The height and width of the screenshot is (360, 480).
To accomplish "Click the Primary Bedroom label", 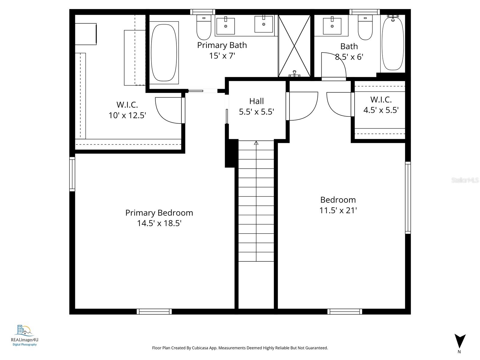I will click(159, 213).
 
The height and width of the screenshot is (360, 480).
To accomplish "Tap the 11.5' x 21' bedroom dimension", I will click(338, 210).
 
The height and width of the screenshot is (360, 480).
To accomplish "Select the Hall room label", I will click(256, 101).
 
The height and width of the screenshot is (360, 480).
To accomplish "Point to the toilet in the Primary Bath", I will click(204, 28).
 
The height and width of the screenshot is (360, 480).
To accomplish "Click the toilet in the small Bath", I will click(365, 28).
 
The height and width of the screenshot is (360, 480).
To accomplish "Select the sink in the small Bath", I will click(332, 26).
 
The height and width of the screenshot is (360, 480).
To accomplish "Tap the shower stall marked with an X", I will click(294, 46).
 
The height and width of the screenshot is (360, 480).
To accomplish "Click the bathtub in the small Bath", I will click(393, 43).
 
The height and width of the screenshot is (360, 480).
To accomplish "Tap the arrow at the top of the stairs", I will click(256, 143).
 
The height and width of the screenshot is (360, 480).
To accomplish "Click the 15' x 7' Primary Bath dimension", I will click(222, 56).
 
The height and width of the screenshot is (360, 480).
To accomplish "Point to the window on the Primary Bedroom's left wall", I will click(72, 174).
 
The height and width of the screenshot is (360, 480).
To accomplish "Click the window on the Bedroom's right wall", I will click(408, 198).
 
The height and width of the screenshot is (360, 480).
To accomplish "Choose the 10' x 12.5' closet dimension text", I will click(127, 115).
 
